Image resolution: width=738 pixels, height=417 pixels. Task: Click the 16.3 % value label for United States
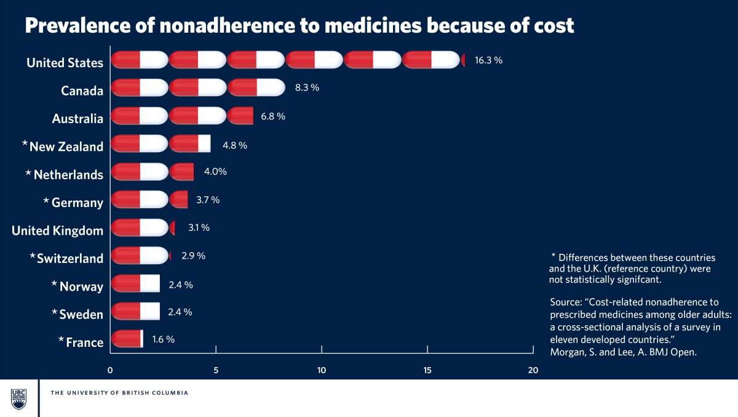pos(488,60)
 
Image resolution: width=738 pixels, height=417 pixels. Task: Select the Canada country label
pos(82,91)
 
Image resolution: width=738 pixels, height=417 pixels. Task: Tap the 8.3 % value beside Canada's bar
pos(307,87)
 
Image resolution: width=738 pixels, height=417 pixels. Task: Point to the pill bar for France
pos(127,339)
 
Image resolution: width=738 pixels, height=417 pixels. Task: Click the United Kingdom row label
pos(57,231)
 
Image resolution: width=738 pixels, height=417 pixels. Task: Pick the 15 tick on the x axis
pos(427,370)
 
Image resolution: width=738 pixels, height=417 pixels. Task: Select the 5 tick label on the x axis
pos(216,370)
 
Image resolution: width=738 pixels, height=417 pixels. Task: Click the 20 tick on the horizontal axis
pos(533,370)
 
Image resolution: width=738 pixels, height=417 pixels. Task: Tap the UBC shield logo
pos(18,399)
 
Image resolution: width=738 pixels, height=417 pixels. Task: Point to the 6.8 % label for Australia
pos(273,116)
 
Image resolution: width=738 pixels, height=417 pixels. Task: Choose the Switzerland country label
pos(69,259)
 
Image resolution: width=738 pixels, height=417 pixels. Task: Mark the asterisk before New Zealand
pos(25,144)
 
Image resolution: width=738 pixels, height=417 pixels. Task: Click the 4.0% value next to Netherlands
pos(215,171)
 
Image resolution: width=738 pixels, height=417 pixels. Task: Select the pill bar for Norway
pos(135,283)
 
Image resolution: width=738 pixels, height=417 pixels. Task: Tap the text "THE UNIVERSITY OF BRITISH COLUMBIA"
pos(119,393)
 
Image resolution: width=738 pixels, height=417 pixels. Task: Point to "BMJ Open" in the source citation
pos(676,352)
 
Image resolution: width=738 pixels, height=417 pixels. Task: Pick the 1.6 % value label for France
pos(164,339)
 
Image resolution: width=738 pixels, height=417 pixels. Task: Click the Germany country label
pos(77,203)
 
